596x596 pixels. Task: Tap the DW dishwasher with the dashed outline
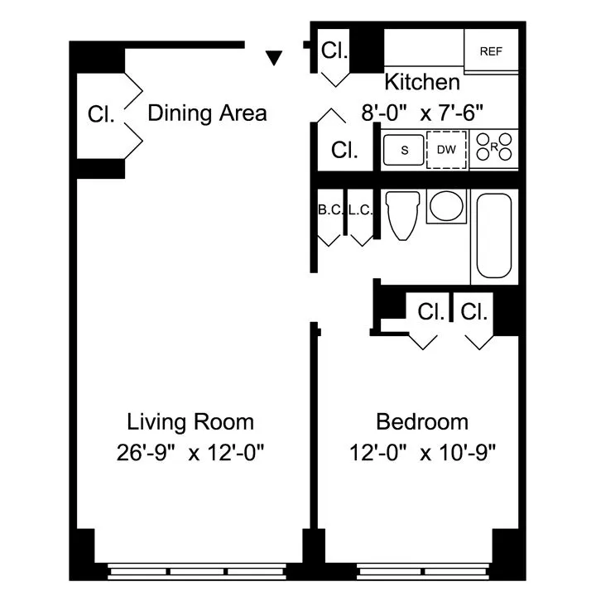(x=447, y=150)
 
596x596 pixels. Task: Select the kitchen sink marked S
(x=404, y=150)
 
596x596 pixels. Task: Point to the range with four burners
(x=494, y=150)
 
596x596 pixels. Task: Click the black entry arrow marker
(x=275, y=57)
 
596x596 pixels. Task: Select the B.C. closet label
(x=329, y=210)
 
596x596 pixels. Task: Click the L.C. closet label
(x=360, y=210)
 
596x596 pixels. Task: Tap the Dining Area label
(x=207, y=113)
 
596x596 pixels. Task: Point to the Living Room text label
(x=190, y=422)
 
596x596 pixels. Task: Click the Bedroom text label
(x=421, y=422)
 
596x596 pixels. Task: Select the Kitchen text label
(x=421, y=82)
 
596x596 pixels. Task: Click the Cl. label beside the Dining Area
(x=101, y=114)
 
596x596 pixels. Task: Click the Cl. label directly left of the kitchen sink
(x=344, y=150)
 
